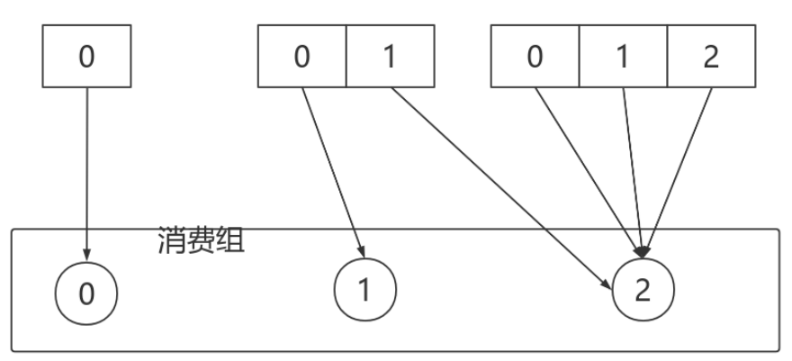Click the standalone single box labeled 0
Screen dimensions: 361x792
[x=86, y=56]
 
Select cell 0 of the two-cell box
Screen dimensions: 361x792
[x=302, y=56]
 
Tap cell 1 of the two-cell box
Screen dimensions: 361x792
[x=390, y=56]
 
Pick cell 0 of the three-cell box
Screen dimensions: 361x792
[x=535, y=56]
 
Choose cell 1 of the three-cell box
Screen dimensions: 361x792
[x=623, y=56]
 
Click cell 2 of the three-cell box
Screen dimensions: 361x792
[x=711, y=56]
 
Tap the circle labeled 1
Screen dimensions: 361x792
[x=365, y=291]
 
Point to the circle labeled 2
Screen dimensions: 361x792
[x=643, y=291]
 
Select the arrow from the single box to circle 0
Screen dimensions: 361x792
[x=87, y=171]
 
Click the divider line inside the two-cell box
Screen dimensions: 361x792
[x=346, y=56]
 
